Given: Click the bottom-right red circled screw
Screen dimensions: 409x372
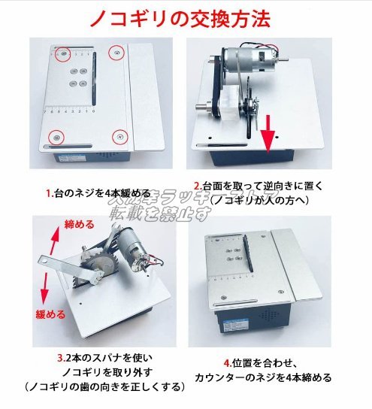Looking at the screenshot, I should (x=119, y=137).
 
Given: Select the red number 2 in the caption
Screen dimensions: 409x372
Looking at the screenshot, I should (x=197, y=186).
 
